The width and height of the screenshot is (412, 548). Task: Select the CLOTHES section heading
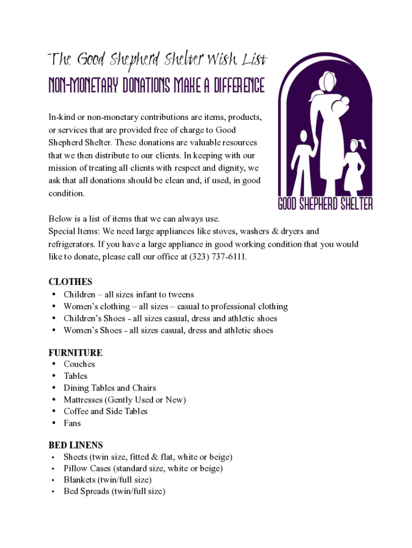[x=70, y=281]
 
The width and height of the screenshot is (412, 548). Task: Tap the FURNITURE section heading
[x=75, y=353]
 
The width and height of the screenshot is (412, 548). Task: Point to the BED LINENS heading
[x=75, y=445]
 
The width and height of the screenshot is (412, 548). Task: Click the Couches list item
[x=79, y=364]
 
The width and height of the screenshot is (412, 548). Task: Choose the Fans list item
[x=72, y=423]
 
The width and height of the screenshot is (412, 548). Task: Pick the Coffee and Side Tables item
[x=105, y=411]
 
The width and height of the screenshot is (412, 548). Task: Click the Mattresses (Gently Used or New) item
[x=125, y=399]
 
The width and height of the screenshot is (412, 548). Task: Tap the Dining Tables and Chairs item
[x=110, y=387]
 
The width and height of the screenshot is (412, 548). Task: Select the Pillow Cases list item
[x=143, y=468]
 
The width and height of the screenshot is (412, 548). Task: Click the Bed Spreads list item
[x=114, y=491]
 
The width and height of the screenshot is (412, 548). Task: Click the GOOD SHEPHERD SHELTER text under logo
[x=325, y=204]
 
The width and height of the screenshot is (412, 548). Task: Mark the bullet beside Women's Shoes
[x=55, y=330]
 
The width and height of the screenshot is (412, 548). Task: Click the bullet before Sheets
[x=53, y=457]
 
